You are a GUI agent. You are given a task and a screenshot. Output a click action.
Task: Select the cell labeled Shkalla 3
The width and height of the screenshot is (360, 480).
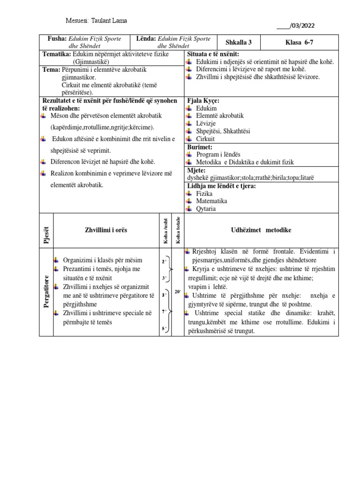click(x=238, y=42)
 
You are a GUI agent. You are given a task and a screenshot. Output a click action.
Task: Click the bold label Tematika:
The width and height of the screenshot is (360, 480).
click(x=57, y=54)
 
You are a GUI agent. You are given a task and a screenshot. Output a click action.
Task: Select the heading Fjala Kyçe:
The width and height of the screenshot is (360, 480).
click(x=203, y=101)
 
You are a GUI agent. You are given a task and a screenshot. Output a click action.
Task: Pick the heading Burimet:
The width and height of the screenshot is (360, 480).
click(x=200, y=147)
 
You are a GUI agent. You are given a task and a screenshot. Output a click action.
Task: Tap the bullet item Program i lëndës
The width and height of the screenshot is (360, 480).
click(x=217, y=154)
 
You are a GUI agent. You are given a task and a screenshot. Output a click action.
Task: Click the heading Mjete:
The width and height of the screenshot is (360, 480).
click(x=197, y=170)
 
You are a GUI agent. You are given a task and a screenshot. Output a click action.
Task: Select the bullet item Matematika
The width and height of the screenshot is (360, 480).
click(x=211, y=201)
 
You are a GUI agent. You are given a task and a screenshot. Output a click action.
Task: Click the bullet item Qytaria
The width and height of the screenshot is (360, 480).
click(x=206, y=209)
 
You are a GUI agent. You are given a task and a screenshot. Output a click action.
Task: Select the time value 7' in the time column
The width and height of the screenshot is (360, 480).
click(x=164, y=311)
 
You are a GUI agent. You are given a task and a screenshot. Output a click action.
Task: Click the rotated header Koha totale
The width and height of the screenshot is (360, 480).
click(x=178, y=231)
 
